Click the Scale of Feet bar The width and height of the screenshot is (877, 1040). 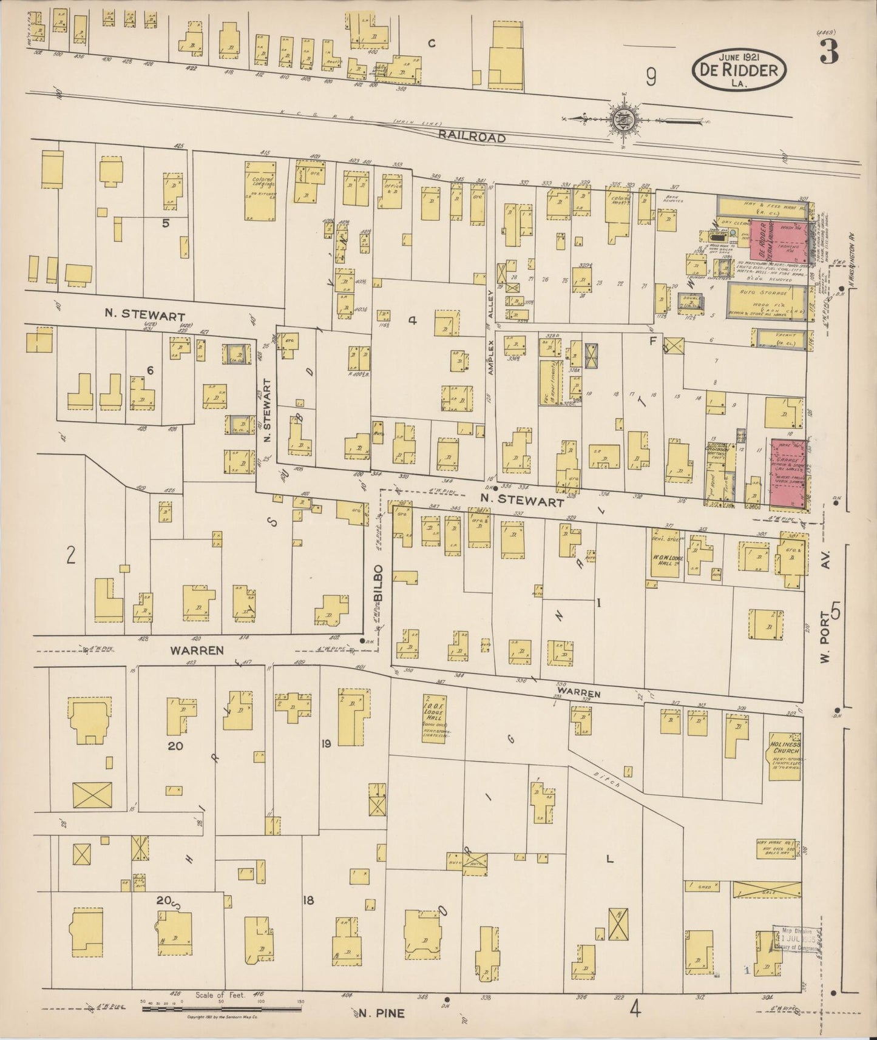[x=222, y=1010]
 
